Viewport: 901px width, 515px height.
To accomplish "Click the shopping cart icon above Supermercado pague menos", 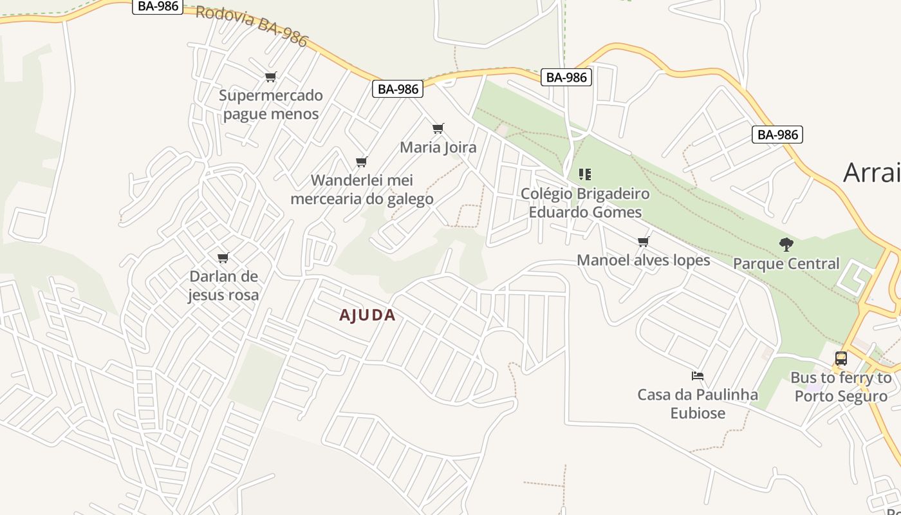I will point(271,77).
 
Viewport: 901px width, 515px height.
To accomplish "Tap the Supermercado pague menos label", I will point(271,105).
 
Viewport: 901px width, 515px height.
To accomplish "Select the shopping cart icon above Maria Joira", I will point(438,129).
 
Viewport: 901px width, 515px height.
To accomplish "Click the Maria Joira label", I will point(438,147).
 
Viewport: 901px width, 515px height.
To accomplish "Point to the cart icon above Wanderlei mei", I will point(362,162).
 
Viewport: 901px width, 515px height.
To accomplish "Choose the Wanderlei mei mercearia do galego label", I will point(362,189).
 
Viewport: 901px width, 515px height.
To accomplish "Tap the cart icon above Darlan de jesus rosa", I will point(223,258).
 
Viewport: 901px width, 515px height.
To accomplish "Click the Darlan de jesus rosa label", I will point(223,286).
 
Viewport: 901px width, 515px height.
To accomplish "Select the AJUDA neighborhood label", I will point(367,315).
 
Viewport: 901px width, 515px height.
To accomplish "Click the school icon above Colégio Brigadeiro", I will point(585,174).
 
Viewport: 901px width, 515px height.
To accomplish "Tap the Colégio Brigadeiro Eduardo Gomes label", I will point(585,203).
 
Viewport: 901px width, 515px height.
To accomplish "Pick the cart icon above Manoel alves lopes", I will point(644,241).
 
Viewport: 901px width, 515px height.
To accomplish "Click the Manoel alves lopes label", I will point(644,260).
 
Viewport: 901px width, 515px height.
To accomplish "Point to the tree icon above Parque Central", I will point(786,245).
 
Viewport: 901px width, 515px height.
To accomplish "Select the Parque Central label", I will point(786,264).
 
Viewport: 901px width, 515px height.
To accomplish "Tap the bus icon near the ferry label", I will point(841,359).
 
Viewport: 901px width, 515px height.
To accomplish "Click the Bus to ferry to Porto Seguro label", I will point(841,387).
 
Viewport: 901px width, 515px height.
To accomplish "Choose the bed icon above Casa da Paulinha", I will point(698,375).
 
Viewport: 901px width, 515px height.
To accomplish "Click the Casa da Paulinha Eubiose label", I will point(698,404).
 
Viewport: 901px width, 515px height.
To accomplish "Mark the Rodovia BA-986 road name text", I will point(252,26).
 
